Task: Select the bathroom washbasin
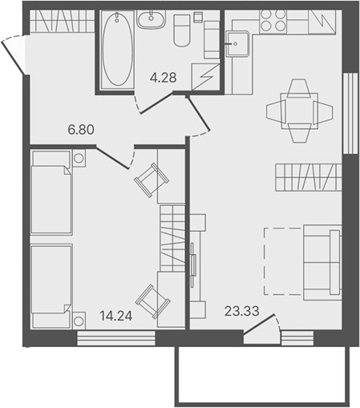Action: (150, 20)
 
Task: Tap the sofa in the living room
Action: (322, 261)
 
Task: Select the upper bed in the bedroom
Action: (51, 192)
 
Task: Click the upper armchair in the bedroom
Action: (151, 179)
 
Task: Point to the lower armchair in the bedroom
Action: (151, 301)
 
